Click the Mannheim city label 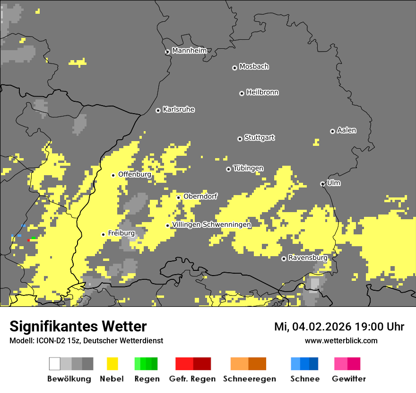pos(189,51)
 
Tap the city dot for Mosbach pos(234,68)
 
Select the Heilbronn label pos(262,92)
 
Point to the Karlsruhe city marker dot pos(158,110)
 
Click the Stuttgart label pos(260,138)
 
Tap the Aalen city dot pos(332,131)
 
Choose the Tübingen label pos(248,169)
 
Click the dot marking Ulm pos(322,184)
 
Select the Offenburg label pos(135,174)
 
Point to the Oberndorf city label pos(200,196)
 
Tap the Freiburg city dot pos(103,234)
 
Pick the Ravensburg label pos(308,258)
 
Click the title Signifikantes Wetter pos(78,326)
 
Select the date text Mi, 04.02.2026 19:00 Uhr pos(339,327)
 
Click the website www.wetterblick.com pos(341,340)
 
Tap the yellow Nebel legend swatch pos(112,364)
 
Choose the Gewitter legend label pos(348,379)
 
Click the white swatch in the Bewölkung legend pos(55,364)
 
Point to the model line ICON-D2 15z pos(86,340)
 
